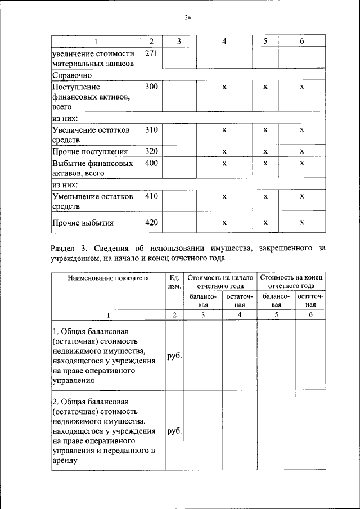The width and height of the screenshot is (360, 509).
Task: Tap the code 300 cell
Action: [151, 87]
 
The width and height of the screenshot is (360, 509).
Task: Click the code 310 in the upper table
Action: [151, 130]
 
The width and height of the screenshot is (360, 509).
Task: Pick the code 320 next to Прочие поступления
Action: [151, 152]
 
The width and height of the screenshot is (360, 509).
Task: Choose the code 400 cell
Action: [151, 163]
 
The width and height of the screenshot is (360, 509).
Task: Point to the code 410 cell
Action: [151, 196]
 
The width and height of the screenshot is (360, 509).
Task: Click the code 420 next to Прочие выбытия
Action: [151, 222]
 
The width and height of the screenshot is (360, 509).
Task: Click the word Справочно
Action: [72, 75]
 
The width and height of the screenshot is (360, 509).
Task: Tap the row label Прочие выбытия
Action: [83, 222]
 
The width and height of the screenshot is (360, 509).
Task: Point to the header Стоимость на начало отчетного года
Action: [221, 282]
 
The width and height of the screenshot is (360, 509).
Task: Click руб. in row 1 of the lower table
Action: [174, 356]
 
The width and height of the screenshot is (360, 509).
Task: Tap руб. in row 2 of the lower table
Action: [174, 432]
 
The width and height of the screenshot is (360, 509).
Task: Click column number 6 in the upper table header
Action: [301, 42]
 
